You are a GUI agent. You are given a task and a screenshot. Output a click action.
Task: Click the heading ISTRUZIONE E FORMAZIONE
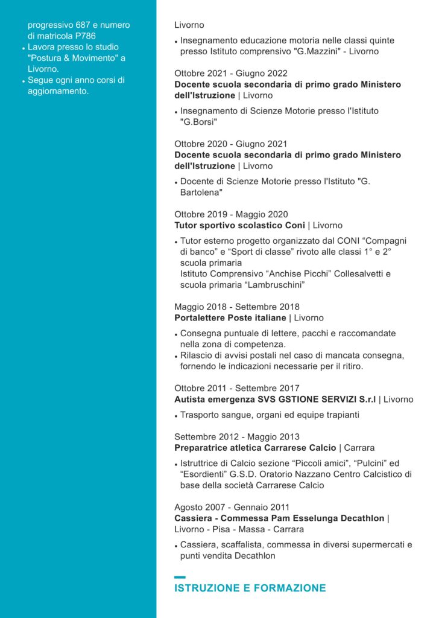pyautogui.click(x=250, y=588)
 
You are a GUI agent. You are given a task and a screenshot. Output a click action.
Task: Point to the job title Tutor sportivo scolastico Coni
pyautogui.click(x=239, y=225)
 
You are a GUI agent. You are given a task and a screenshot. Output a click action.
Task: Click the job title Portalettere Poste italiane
pyautogui.click(x=230, y=317)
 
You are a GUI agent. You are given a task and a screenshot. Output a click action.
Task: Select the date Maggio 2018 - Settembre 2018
pyautogui.click(x=237, y=307)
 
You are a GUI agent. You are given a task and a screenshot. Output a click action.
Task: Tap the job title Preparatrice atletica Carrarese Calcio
pyautogui.click(x=255, y=448)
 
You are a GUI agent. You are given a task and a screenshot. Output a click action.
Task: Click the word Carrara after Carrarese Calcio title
pyautogui.click(x=359, y=448)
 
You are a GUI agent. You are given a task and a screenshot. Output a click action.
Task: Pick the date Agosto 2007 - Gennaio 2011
pyautogui.click(x=232, y=507)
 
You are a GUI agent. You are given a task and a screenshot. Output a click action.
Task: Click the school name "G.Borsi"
pyautogui.click(x=198, y=122)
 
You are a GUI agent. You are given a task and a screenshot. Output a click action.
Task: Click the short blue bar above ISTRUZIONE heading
pyautogui.click(x=180, y=578)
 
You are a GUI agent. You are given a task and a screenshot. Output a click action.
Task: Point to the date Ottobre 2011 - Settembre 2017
pyautogui.click(x=236, y=388)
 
